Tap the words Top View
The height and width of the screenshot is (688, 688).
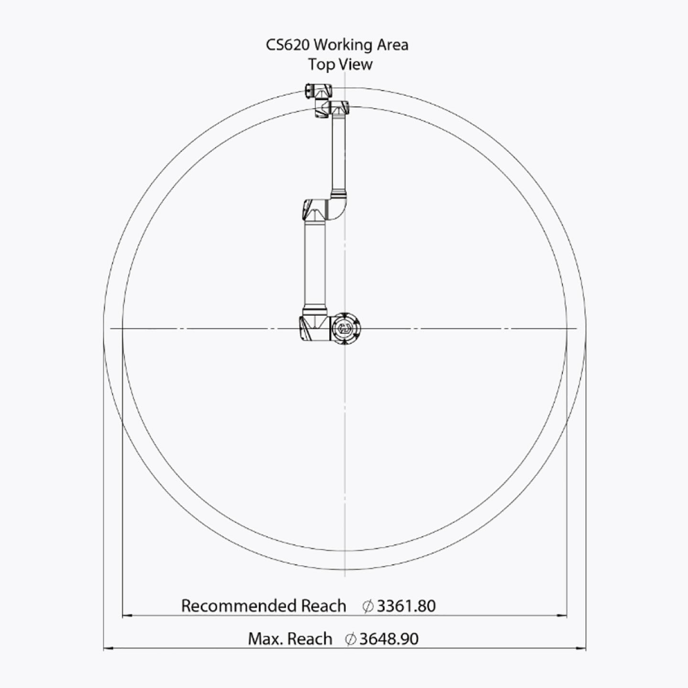340,64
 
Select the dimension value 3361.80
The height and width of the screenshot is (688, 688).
406,606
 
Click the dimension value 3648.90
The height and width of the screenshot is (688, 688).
389,639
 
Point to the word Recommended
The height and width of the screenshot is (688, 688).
239,606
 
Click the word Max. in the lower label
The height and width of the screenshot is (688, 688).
265,639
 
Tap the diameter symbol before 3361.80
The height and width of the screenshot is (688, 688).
368,606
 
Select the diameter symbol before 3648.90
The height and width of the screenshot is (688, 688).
351,639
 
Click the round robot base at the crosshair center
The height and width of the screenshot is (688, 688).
345,328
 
